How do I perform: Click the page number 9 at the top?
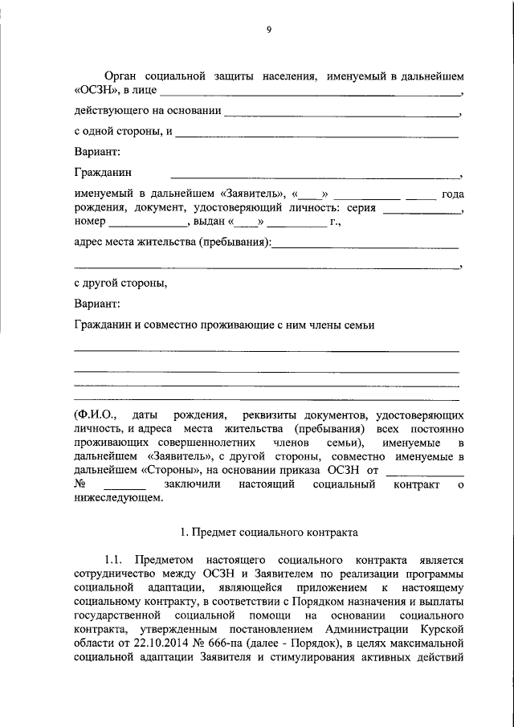(x=269, y=30)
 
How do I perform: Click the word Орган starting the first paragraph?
(x=122, y=76)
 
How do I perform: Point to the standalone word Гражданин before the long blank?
(x=104, y=172)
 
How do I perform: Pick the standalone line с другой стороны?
(x=121, y=283)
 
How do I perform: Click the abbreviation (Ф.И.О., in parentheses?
(x=96, y=415)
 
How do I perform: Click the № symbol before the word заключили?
(x=80, y=484)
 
